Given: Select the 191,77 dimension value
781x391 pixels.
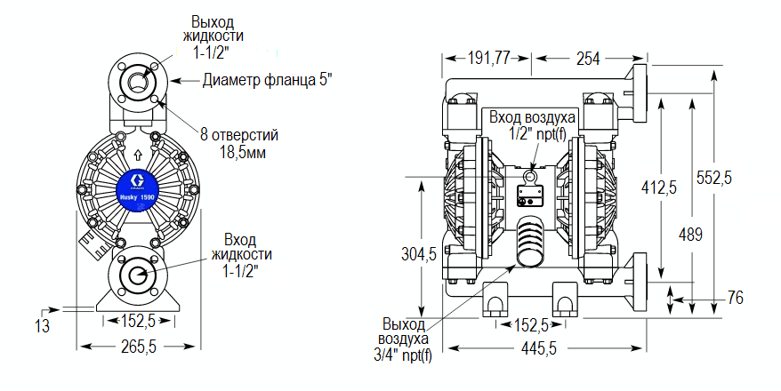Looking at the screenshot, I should pos(489,59).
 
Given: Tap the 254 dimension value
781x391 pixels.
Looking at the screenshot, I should pos(587,59).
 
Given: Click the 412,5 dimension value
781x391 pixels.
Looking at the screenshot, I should pos(659,187).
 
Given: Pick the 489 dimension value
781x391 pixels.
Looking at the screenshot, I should pos(690,235).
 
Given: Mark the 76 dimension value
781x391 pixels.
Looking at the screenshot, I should pos(735,298).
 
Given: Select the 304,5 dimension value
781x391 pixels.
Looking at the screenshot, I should pos(418,254).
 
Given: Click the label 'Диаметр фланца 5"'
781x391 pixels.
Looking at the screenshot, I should pos(268,81).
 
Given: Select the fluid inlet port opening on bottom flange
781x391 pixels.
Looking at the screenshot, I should pos(138,275).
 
